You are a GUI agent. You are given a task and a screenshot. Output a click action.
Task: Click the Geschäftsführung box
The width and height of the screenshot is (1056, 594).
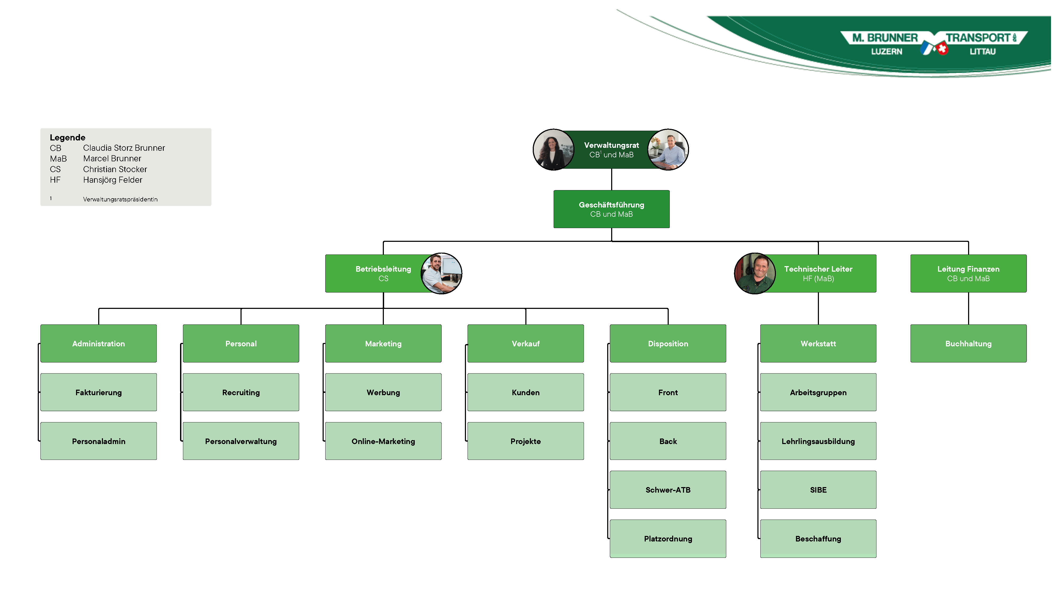tap(611, 209)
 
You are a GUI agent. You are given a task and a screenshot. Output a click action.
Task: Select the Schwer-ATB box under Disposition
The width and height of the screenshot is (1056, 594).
tap(668, 490)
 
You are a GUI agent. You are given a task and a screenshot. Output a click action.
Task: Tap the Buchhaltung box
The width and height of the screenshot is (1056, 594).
tap(968, 343)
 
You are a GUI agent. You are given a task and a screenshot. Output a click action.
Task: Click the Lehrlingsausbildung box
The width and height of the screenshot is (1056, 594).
tap(818, 441)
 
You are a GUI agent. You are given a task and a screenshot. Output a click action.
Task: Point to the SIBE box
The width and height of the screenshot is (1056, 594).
tap(818, 490)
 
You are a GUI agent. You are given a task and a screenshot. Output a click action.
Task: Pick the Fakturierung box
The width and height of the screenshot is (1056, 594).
tap(98, 392)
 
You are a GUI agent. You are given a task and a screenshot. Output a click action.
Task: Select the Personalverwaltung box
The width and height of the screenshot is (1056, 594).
tap(241, 441)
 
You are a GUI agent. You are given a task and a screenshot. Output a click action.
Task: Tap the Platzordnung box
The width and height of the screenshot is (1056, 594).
tap(668, 539)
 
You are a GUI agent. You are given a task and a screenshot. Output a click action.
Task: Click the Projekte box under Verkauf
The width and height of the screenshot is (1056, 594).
tap(526, 441)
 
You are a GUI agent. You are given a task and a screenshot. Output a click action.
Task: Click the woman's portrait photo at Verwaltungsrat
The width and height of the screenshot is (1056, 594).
tap(553, 150)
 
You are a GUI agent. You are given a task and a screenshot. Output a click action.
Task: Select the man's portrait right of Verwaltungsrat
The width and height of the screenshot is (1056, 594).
tap(668, 150)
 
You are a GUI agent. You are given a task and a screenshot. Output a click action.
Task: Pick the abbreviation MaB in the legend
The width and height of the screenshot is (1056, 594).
tap(58, 159)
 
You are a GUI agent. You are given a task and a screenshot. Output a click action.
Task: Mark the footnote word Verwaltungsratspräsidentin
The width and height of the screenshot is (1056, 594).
tap(120, 199)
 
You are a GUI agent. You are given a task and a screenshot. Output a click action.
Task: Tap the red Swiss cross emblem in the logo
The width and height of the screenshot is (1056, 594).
tap(942, 49)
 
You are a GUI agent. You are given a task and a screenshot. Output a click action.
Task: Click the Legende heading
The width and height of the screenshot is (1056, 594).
tap(68, 137)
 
